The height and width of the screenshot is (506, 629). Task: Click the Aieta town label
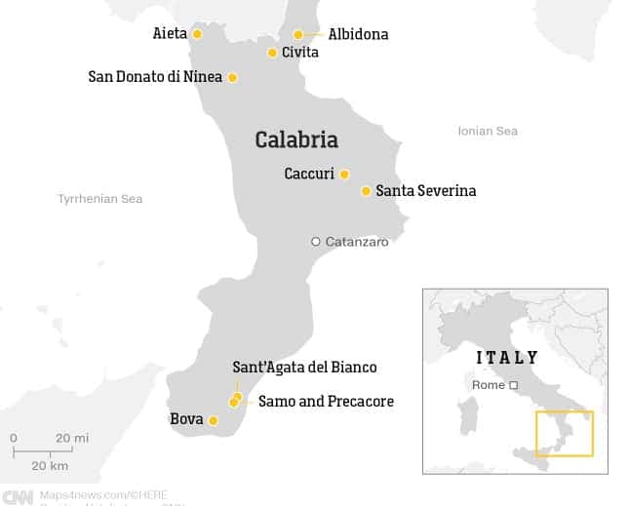coord(170,34)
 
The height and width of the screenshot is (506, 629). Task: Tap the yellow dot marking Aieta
coord(197,34)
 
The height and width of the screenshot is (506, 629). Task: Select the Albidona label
coord(358,34)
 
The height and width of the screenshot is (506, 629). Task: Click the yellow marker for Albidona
coord(298,35)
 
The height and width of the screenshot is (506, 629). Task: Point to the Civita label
coord(299,53)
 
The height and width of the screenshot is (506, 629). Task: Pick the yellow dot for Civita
coord(273,53)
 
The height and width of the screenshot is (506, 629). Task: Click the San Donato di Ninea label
coord(155,77)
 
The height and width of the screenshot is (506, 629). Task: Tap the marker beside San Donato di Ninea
coord(232,77)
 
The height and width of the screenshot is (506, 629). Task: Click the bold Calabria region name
coord(296,140)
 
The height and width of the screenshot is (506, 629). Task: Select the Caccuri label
coord(309,175)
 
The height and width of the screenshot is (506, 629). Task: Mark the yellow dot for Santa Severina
coord(366,191)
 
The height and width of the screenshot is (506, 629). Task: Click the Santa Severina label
coord(425,191)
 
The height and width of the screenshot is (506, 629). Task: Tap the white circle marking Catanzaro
coord(316,242)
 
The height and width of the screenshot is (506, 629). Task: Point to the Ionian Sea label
coord(488,131)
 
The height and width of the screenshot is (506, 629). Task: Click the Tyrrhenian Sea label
coord(99,199)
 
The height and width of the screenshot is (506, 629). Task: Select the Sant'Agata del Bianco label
coord(304,368)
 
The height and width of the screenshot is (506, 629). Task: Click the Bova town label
coord(186,420)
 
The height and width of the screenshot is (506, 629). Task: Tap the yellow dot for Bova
coord(214,421)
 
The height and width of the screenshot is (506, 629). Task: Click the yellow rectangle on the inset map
coord(564,433)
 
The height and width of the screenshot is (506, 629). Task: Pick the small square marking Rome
coord(513,385)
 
